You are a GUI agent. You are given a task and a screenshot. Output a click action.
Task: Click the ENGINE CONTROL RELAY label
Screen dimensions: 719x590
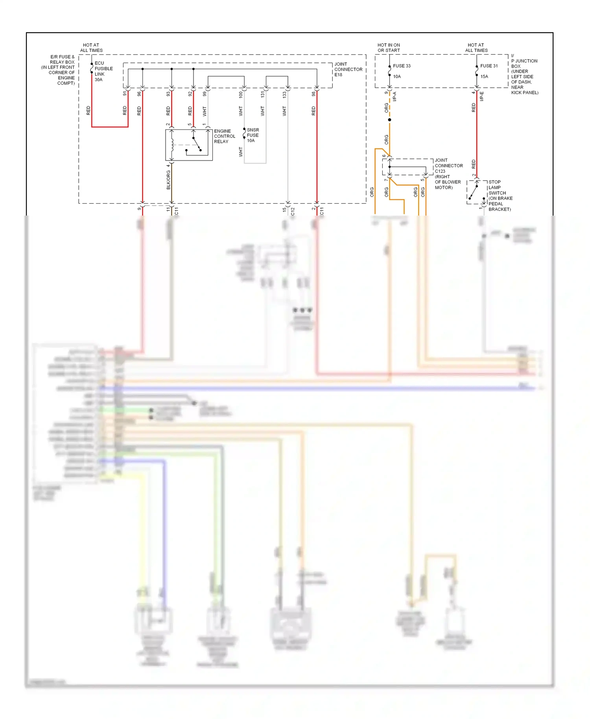(x=224, y=136)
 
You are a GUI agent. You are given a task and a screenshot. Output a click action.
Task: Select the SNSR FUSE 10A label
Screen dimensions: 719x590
(x=253, y=135)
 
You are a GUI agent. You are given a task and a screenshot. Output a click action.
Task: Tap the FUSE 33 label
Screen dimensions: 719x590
(x=402, y=66)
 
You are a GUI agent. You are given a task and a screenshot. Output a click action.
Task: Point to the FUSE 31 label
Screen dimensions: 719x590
(x=489, y=66)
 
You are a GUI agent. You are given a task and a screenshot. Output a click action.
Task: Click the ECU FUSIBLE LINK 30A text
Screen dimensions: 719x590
(x=103, y=71)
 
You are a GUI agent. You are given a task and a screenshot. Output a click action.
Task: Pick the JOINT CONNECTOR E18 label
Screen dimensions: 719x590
(x=348, y=69)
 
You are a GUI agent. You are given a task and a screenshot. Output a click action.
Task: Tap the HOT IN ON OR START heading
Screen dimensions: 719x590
(x=389, y=48)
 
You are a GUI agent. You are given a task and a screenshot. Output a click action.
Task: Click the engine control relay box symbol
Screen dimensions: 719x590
(x=189, y=145)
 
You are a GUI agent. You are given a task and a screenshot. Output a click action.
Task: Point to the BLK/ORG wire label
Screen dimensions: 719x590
(x=168, y=179)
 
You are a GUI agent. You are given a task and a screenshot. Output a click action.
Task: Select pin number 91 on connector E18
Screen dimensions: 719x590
(x=125, y=94)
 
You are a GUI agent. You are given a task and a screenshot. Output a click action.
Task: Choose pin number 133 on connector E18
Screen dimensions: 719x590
(x=284, y=94)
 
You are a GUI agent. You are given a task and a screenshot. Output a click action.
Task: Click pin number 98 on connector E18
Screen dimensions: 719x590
(x=313, y=94)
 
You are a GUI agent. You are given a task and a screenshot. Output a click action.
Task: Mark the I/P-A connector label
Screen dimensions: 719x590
(x=395, y=96)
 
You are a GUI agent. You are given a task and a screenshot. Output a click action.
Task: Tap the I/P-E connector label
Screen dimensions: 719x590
(x=482, y=96)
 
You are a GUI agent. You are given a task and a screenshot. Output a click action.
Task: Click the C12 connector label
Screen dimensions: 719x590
(x=293, y=212)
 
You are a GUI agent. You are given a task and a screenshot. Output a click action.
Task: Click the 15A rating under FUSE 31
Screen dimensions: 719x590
(x=484, y=76)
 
